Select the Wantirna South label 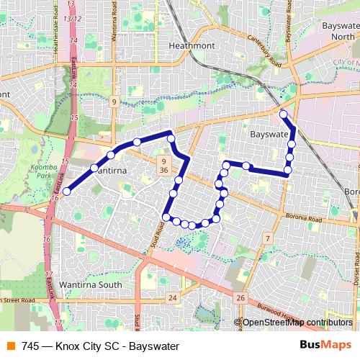pyautogui.click(x=94, y=266)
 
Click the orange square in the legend pyautogui.click(x=12, y=345)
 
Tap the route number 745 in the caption pyautogui.click(x=30, y=345)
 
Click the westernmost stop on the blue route pyautogui.click(x=66, y=191)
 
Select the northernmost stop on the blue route pyautogui.click(x=283, y=114)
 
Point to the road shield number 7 pyautogui.click(x=266, y=238)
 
